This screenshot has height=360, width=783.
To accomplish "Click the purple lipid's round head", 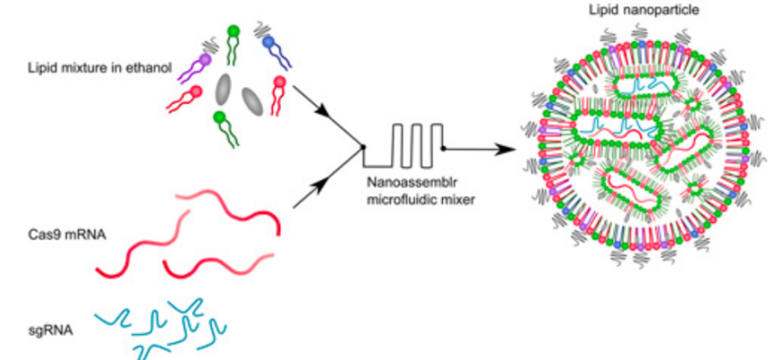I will click(x=206, y=58).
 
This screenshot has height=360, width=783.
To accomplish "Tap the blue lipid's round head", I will click(x=269, y=41).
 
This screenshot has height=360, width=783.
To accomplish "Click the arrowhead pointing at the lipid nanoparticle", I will click(x=515, y=148).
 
